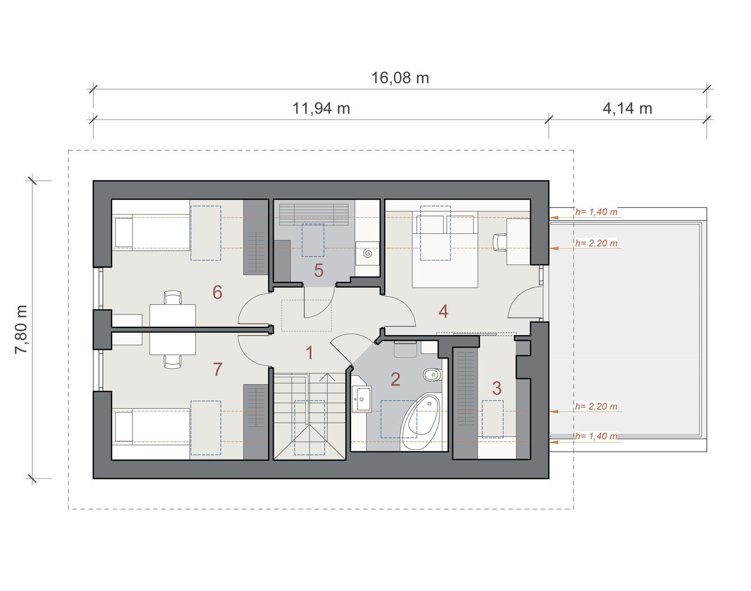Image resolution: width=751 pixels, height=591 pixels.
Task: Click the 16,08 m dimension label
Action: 400,78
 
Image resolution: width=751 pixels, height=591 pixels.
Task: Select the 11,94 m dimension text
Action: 321,108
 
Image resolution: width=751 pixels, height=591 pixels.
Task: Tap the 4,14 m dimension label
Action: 628,108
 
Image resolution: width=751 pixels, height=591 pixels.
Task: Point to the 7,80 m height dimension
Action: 21,329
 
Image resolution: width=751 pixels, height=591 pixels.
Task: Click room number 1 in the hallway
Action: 309,353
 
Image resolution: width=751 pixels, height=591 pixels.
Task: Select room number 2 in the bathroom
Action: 395,379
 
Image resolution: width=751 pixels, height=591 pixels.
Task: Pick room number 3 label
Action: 497,388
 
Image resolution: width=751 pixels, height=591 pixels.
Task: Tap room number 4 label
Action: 443,311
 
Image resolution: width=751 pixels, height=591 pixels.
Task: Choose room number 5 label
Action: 319,270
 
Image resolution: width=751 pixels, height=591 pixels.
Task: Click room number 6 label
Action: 217,292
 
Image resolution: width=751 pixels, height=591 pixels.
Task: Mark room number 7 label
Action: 218,369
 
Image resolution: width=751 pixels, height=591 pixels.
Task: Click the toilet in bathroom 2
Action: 433,375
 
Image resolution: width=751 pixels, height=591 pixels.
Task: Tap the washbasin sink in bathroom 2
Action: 361,398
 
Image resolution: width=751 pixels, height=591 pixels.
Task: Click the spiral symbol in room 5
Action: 368,253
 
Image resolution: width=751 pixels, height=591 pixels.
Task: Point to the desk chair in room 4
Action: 499,242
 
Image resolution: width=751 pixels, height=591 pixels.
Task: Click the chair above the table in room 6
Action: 173,297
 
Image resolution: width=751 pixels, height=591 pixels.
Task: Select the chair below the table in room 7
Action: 173,361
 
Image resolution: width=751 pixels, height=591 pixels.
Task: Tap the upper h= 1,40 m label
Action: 597,212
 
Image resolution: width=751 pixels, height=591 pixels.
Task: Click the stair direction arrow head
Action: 327,377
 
